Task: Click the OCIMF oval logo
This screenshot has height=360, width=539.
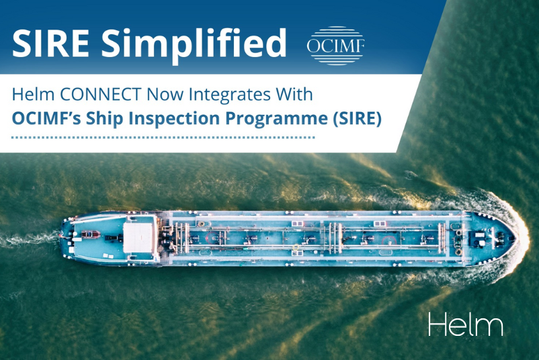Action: click(335, 45)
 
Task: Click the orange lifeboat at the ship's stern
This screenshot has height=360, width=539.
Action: click(90, 235)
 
